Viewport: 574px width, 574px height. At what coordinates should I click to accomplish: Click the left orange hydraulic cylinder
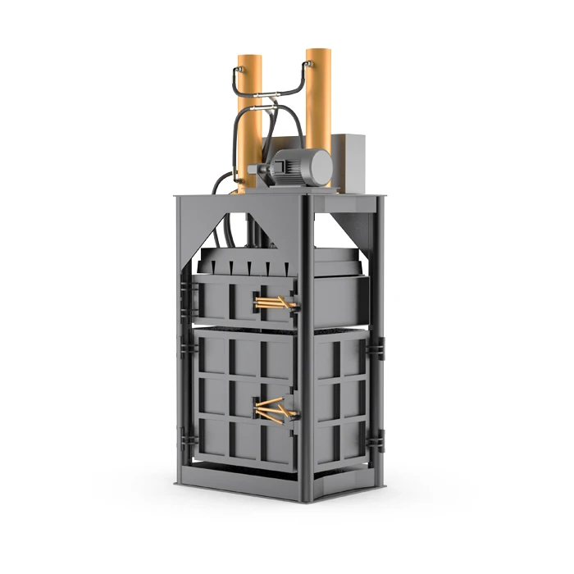(249, 123)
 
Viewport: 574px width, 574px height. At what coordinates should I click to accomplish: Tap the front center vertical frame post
(305, 369)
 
